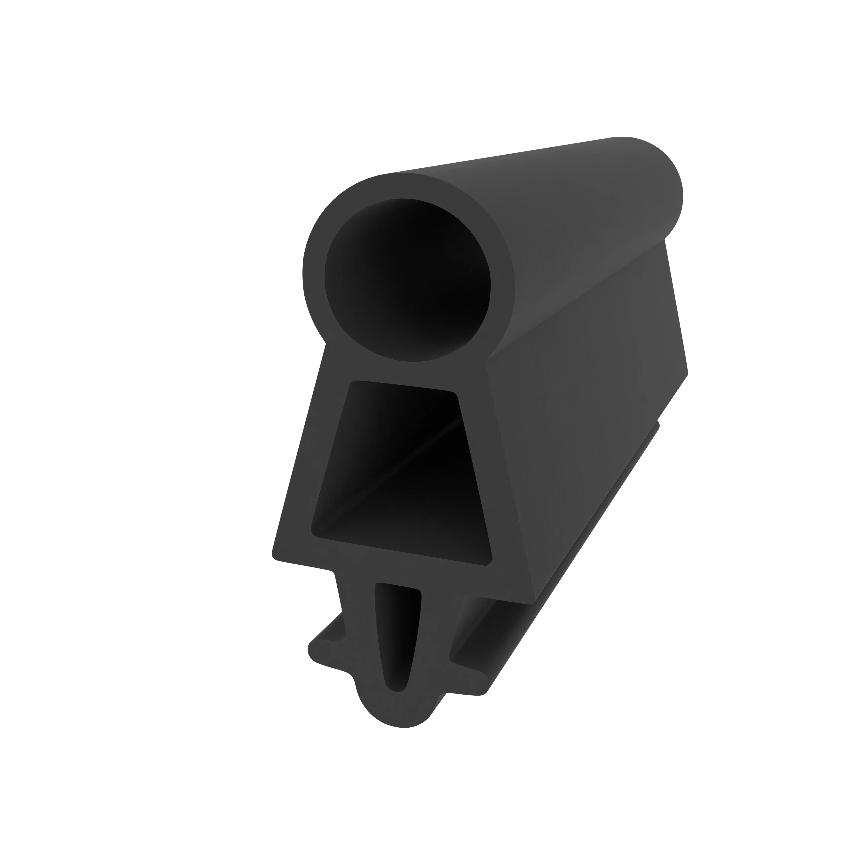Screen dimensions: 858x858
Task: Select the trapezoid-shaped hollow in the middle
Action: click(x=402, y=471)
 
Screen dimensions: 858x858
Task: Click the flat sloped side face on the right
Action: click(x=586, y=400)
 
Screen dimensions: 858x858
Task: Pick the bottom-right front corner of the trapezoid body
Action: click(x=533, y=602)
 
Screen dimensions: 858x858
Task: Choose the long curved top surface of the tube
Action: click(x=511, y=178)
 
